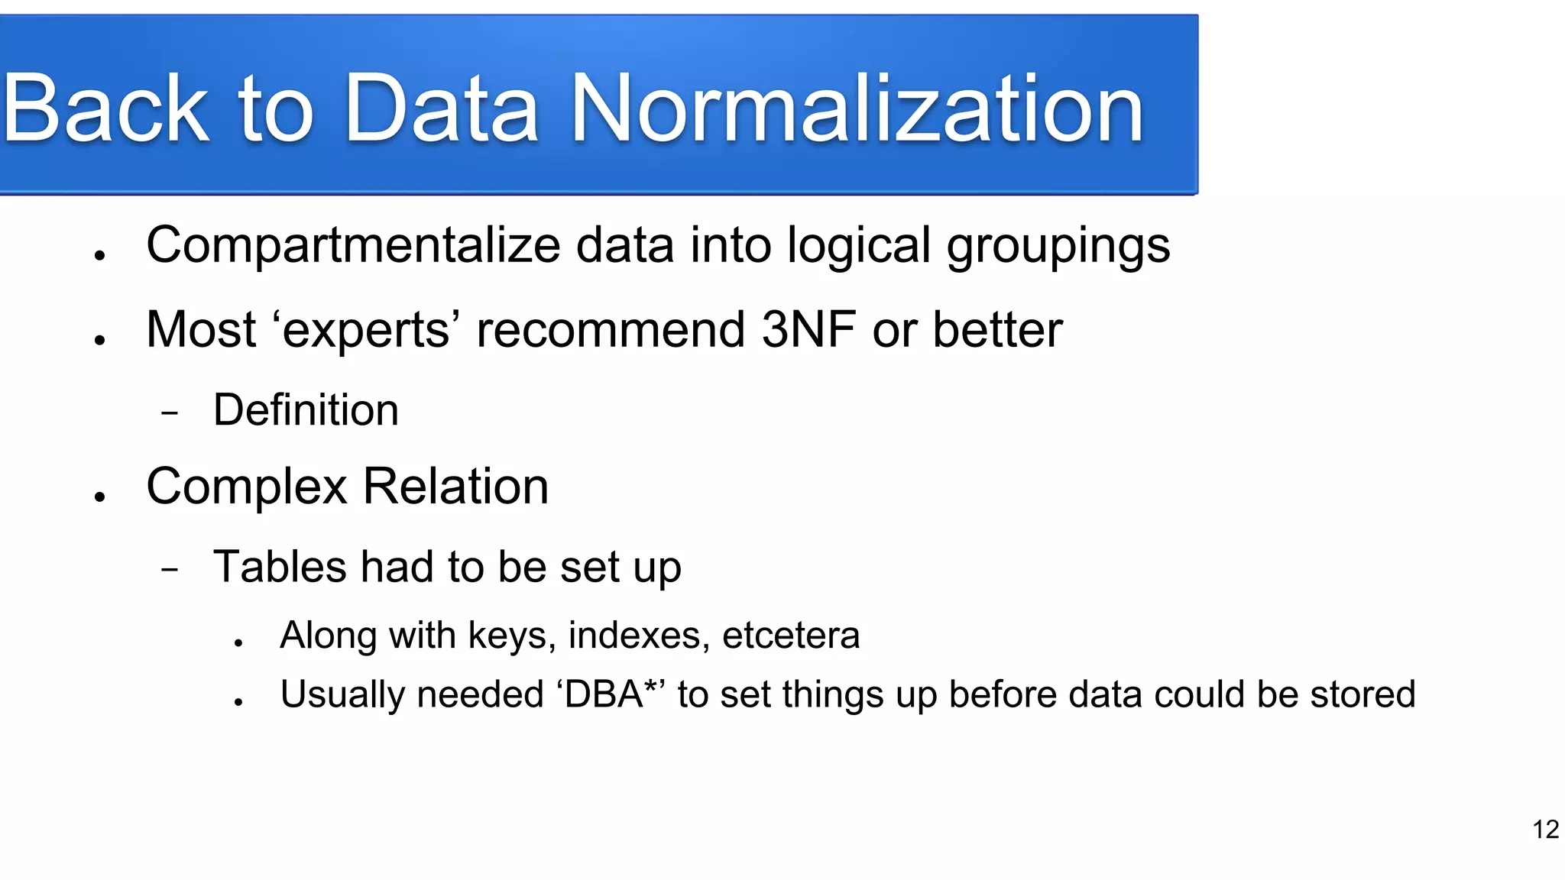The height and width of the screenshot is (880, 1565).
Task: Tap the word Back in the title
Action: pos(105,108)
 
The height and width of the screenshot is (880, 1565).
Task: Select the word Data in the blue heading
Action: pos(441,108)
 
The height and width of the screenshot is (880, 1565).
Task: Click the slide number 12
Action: pos(1545,830)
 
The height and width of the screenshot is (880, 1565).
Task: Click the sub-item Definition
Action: pos(306,410)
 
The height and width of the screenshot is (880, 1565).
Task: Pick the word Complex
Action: pos(247,487)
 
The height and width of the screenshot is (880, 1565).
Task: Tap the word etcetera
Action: pos(791,636)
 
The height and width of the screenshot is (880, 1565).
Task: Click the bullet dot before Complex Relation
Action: pos(99,497)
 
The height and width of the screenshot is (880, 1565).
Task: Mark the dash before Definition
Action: pos(170,413)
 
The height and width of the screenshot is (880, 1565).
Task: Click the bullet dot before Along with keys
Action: pos(238,643)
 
